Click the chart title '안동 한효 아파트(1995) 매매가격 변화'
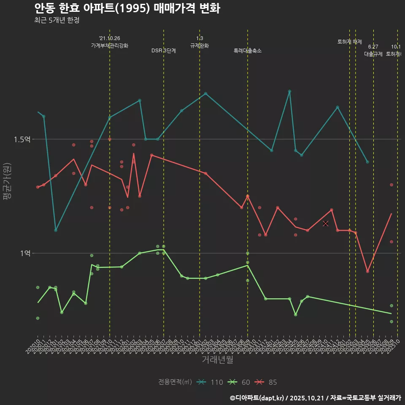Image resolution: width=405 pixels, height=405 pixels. point(127,8)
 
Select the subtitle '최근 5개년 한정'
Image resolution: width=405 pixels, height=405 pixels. point(57,20)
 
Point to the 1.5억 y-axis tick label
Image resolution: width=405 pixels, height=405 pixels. point(22,139)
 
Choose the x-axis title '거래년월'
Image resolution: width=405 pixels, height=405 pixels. point(217,359)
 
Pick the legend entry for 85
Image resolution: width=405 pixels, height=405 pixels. point(266,382)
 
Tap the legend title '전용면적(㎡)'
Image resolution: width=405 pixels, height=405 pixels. point(175,382)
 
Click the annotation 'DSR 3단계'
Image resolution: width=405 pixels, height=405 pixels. point(164,51)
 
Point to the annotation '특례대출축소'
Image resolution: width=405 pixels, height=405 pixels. point(248,51)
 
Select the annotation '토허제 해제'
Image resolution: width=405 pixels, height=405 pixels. point(350,42)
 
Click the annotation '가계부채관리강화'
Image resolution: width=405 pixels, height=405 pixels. point(110,45)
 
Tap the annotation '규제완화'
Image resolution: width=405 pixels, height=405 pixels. point(200,45)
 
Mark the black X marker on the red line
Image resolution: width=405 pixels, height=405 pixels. point(325,223)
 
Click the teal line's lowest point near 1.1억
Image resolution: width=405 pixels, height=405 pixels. point(56,230)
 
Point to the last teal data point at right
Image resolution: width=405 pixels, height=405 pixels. point(367,162)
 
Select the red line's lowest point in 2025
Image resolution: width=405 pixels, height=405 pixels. point(367,271)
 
